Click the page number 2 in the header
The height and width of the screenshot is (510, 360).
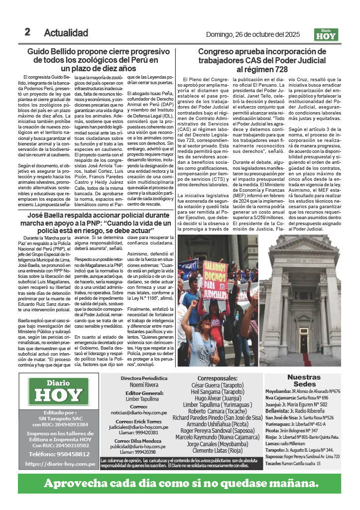coord(27,32)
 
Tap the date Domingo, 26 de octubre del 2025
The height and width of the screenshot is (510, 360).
coord(252,34)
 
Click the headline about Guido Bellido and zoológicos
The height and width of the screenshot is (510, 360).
coord(100,60)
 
